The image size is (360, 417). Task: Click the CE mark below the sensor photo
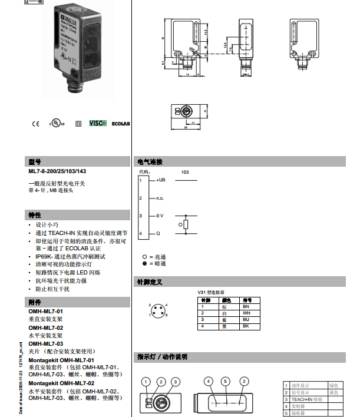(35, 124)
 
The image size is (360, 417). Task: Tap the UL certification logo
(55, 124)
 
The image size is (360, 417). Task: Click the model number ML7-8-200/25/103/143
(57, 171)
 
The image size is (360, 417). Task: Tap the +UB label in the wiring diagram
(160, 180)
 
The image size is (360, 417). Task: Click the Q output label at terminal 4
(158, 234)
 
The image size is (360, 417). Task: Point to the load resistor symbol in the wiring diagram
(186, 225)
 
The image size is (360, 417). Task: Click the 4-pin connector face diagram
(158, 310)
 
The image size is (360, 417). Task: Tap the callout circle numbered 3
(175, 381)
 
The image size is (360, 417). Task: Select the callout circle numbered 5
(224, 381)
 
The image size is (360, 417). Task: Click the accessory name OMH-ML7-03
(46, 343)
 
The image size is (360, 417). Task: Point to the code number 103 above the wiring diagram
(185, 171)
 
